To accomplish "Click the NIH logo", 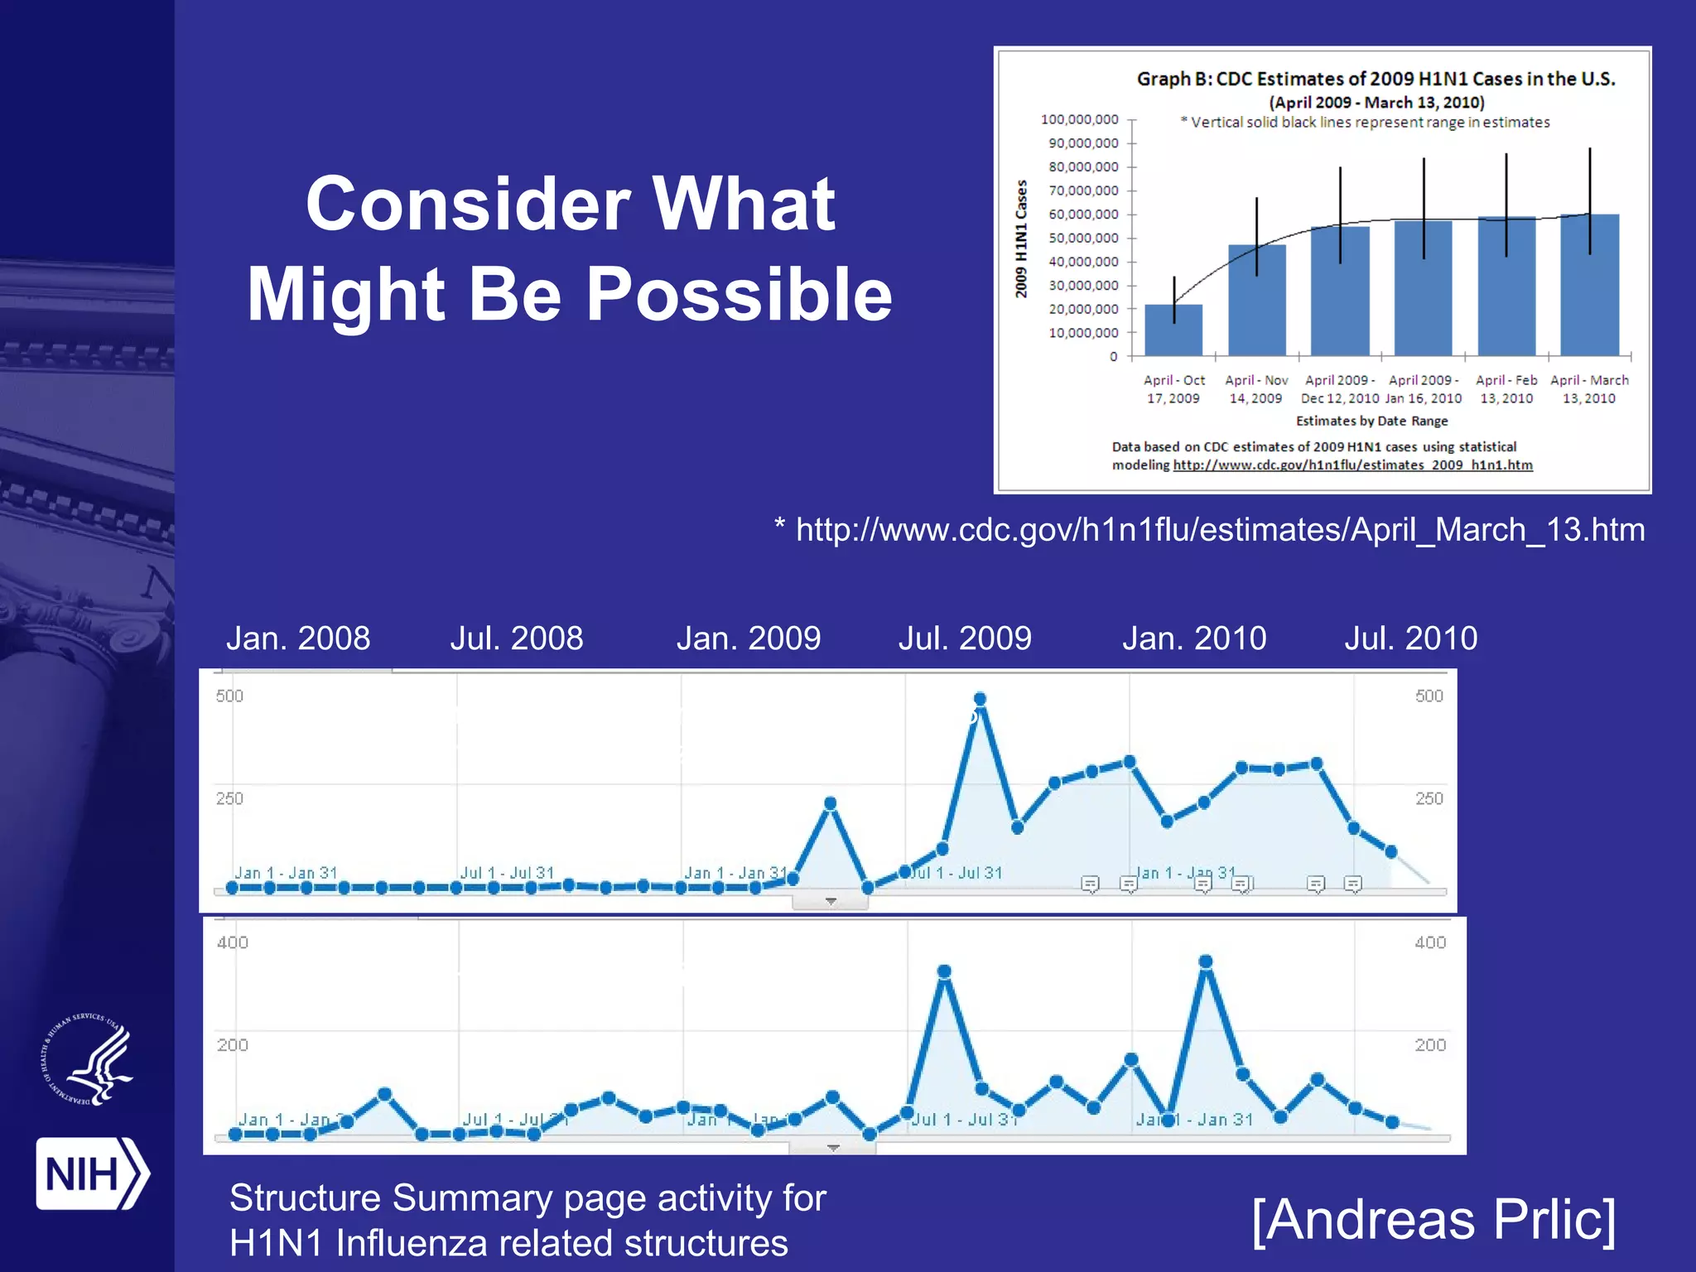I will point(91,1173).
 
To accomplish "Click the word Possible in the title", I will point(739,295).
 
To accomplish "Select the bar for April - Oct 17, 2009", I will point(1173,330).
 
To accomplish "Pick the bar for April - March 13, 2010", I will point(1589,285).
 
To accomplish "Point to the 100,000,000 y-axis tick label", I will point(1079,120).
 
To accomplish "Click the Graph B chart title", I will point(1376,79).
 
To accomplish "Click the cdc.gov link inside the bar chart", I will point(1352,465).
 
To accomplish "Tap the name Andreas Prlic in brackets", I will point(1433,1219).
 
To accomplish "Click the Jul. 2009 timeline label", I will point(965,638).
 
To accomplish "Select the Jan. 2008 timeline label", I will point(298,638).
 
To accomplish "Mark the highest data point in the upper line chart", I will point(980,699).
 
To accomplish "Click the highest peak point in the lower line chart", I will point(1206,961).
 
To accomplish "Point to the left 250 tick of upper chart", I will point(229,798).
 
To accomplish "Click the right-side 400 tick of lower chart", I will point(1430,942).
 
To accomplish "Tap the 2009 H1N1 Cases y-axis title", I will point(1021,238).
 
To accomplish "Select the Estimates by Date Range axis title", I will point(1371,421).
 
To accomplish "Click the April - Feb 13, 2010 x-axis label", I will point(1506,389).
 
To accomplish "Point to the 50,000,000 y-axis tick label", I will point(1083,238).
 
